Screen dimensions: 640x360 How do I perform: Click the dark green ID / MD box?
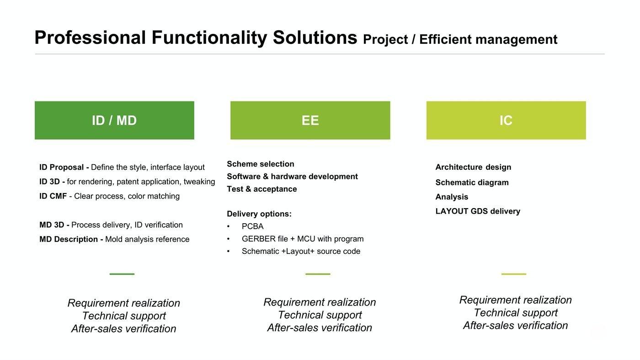(x=114, y=120)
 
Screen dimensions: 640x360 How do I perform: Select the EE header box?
(x=310, y=120)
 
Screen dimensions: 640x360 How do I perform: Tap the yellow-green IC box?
(x=506, y=120)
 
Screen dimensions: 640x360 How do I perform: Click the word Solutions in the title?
(x=315, y=38)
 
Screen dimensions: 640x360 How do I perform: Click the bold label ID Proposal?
(x=61, y=167)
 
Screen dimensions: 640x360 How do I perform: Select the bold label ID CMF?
(x=53, y=196)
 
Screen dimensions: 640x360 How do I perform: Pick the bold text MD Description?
(x=69, y=239)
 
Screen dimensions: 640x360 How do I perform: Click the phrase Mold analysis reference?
(x=147, y=239)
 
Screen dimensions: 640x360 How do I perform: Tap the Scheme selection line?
(x=261, y=164)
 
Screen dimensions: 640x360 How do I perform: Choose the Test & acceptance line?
(x=262, y=189)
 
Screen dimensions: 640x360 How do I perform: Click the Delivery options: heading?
(x=259, y=214)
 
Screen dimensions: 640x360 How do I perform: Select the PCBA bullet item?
(x=252, y=226)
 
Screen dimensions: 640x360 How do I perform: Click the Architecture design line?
(x=473, y=167)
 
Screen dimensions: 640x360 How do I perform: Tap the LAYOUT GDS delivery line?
(x=478, y=211)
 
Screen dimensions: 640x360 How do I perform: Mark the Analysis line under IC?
(x=452, y=197)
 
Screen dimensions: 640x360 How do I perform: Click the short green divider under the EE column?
(x=318, y=274)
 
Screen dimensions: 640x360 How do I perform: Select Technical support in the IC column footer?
(x=516, y=312)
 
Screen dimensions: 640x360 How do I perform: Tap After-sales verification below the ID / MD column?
(x=124, y=328)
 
